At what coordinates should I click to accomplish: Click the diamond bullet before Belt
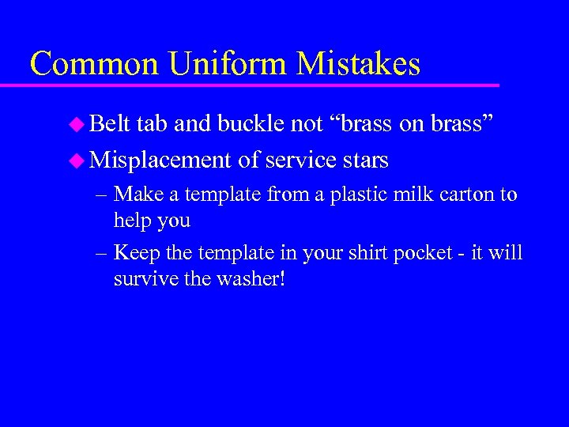[76, 124]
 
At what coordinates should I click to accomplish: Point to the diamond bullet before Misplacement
[76, 161]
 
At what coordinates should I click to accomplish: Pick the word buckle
[257, 124]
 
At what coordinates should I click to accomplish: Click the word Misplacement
[161, 161]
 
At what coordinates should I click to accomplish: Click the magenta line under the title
[261, 84]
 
